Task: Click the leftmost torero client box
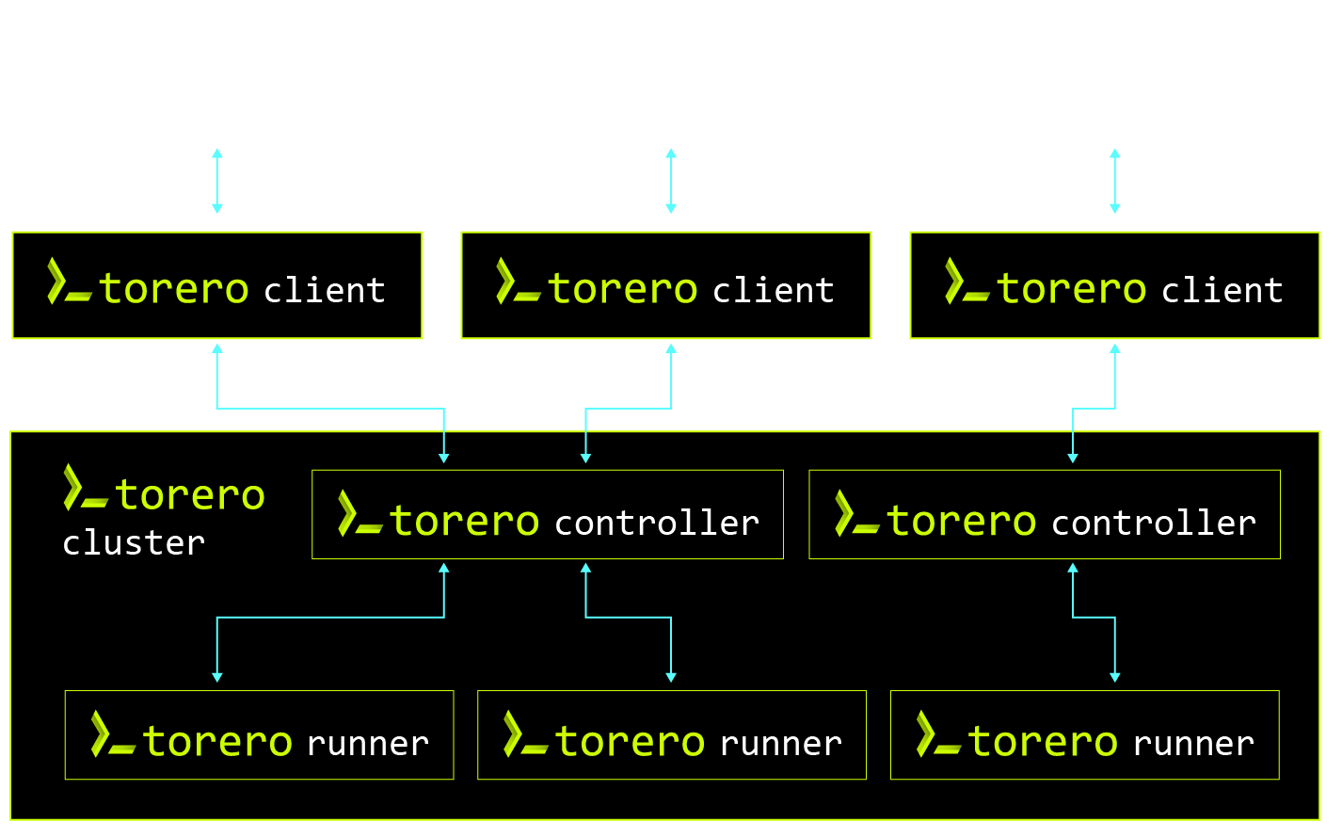coord(216,285)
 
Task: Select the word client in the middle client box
coord(774,290)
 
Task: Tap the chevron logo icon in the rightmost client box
coord(967,282)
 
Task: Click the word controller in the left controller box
coord(657,523)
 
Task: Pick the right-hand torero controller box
coord(1045,515)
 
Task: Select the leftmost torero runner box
coord(259,735)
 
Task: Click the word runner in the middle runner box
coord(781,744)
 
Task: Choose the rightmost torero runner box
coord(1084,735)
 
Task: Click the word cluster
coord(134,543)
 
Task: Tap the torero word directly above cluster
coord(190,495)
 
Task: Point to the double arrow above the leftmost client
coord(217,181)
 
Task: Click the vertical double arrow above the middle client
coord(671,181)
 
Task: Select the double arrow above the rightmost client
coord(1115,181)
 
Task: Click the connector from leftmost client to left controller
coord(329,409)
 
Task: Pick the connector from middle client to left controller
coord(628,409)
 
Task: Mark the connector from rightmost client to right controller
coord(1094,409)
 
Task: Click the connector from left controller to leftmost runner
coord(329,618)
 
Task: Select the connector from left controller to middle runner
coord(628,618)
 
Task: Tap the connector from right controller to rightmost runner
coord(1094,618)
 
